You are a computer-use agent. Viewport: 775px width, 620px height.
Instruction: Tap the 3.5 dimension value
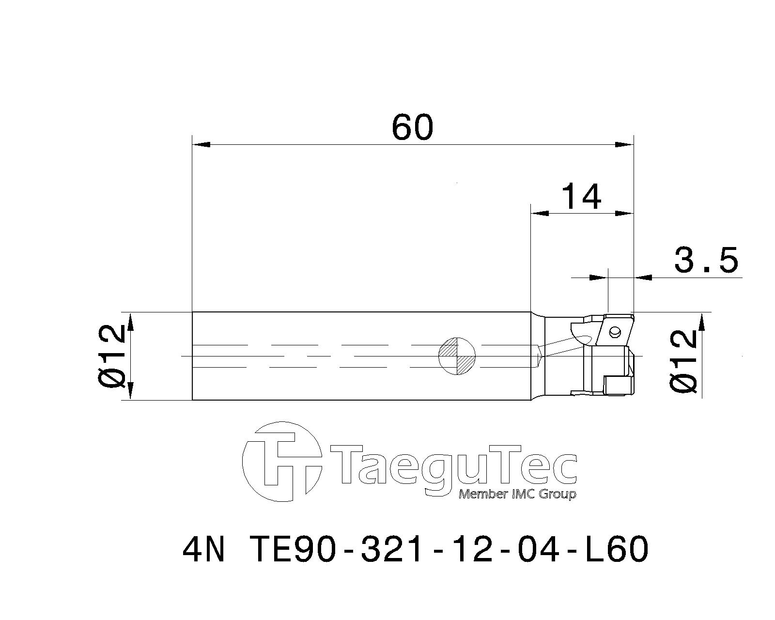pos(706,260)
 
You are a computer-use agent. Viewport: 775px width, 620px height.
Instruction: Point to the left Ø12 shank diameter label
pos(112,356)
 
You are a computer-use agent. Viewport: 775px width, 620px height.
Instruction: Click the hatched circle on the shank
pos(457,356)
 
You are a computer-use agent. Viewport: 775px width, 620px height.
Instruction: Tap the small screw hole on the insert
pos(615,332)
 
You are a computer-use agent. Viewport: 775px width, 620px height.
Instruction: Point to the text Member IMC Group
pos(517,495)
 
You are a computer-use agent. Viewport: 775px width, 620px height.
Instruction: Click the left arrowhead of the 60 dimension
pos(201,144)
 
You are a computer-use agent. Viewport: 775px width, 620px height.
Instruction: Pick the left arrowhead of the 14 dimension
pos(539,213)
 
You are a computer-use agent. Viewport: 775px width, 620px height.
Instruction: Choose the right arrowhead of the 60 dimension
pos(625,144)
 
